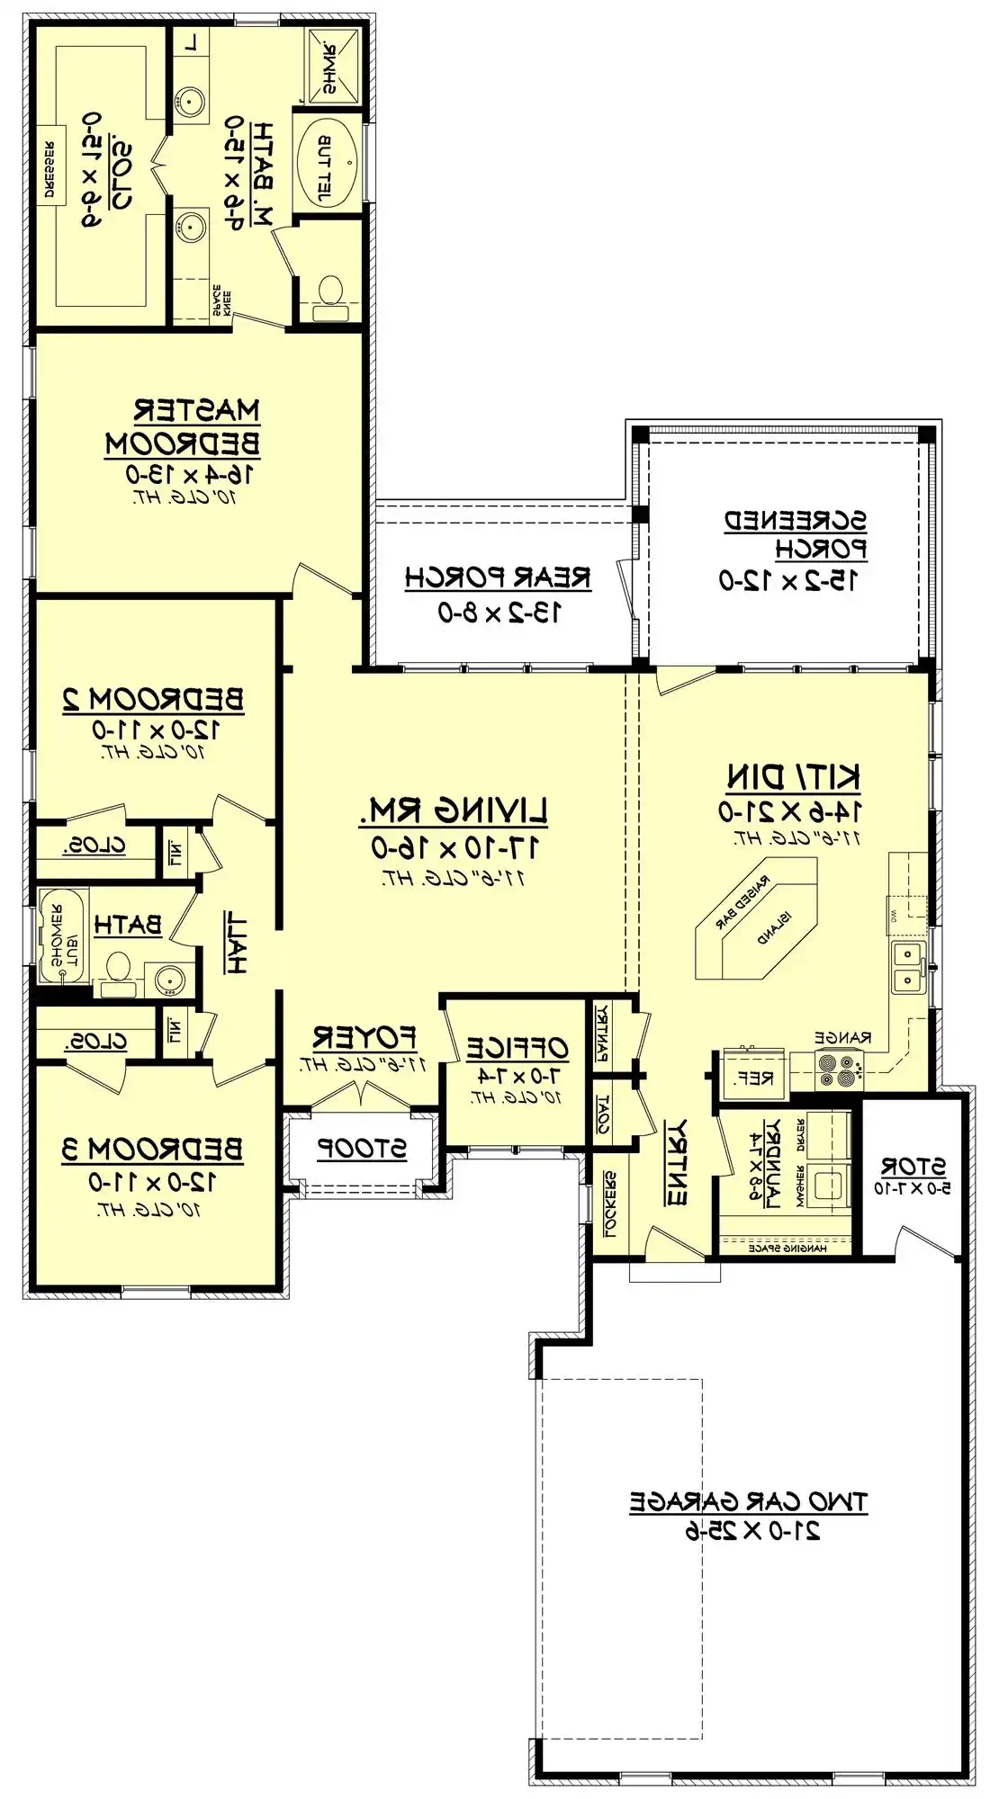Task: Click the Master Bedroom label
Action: [183, 427]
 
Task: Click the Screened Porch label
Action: [796, 534]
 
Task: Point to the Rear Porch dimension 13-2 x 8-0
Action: [499, 613]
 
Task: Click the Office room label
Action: [517, 1048]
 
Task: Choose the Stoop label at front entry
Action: [362, 1149]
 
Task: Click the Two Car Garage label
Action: [748, 1501]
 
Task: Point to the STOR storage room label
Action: [913, 1167]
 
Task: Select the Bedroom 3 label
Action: [152, 1150]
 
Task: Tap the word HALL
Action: [235, 942]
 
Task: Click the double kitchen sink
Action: [909, 967]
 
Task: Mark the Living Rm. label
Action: [454, 812]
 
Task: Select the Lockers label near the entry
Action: [609, 1203]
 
